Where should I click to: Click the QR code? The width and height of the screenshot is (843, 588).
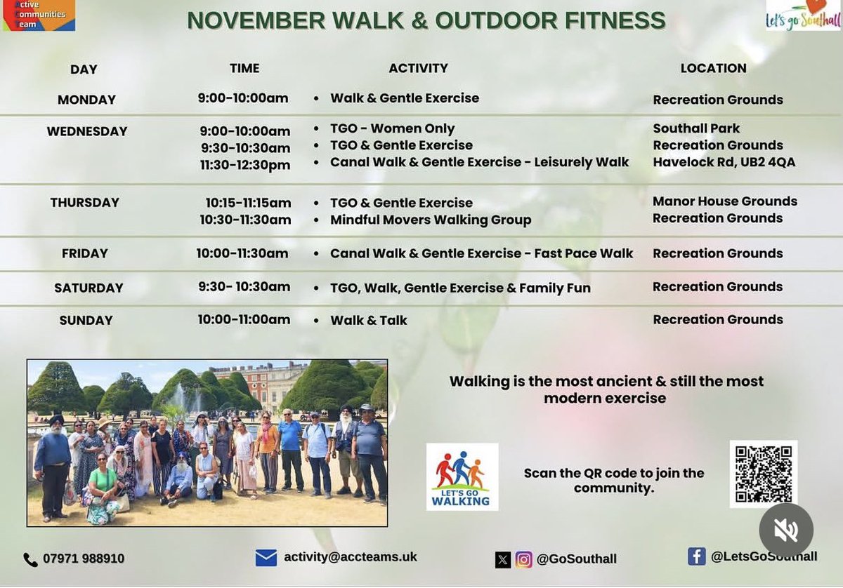pos(763,474)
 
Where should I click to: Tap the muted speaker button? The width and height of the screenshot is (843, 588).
pos(785,530)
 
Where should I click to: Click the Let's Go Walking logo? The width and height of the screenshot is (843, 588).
pos(462,476)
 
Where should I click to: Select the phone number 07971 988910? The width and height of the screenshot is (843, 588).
pos(84,559)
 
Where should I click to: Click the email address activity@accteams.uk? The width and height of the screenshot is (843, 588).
pos(350,557)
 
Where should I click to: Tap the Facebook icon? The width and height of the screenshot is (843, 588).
pos(696,556)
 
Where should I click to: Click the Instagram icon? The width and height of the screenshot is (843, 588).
pos(523,559)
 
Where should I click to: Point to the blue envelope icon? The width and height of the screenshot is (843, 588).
pos(266,558)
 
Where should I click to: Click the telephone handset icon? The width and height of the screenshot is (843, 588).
pos(31,559)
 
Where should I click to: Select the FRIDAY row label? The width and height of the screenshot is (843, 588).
pos(84,253)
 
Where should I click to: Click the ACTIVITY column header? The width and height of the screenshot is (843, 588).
pos(418,68)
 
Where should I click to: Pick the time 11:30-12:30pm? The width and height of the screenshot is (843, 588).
pos(245,165)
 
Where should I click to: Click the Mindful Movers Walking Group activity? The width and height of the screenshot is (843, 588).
pos(431,220)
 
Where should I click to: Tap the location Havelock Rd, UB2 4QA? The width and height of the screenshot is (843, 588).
pos(724,162)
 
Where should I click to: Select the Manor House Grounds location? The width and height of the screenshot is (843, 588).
pos(724,201)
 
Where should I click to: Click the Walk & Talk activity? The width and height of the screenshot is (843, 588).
pos(369,320)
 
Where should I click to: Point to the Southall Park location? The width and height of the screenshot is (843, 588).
pos(696,128)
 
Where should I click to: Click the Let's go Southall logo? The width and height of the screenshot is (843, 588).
pos(803,15)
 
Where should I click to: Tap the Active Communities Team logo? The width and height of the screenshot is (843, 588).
pos(39,15)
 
